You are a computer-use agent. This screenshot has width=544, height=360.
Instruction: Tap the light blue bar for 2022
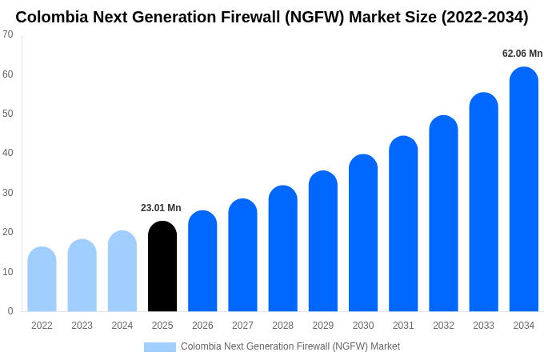coord(42,279)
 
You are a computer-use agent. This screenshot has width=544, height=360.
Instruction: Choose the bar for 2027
coord(242,255)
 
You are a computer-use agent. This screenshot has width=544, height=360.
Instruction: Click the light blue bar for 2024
coord(122,271)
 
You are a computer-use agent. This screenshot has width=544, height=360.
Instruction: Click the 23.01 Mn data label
coord(161,208)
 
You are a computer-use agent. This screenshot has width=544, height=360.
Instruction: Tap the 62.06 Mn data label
coord(522,54)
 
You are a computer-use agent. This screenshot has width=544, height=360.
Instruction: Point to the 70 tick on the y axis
coord(7,34)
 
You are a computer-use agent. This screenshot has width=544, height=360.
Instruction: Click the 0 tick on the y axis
coord(10,311)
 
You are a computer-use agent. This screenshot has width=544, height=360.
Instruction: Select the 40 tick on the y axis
coord(7,153)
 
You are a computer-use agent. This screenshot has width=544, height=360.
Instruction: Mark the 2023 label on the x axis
coord(82,326)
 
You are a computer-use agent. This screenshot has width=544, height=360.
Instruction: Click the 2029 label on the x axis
coord(323,326)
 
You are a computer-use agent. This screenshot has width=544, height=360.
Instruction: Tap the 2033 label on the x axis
coord(483,326)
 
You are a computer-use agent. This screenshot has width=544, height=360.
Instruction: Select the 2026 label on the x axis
coord(202,326)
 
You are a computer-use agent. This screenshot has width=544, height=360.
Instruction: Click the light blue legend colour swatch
coord(160,346)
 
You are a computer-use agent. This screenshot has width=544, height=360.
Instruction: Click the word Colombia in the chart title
coord(50,17)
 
